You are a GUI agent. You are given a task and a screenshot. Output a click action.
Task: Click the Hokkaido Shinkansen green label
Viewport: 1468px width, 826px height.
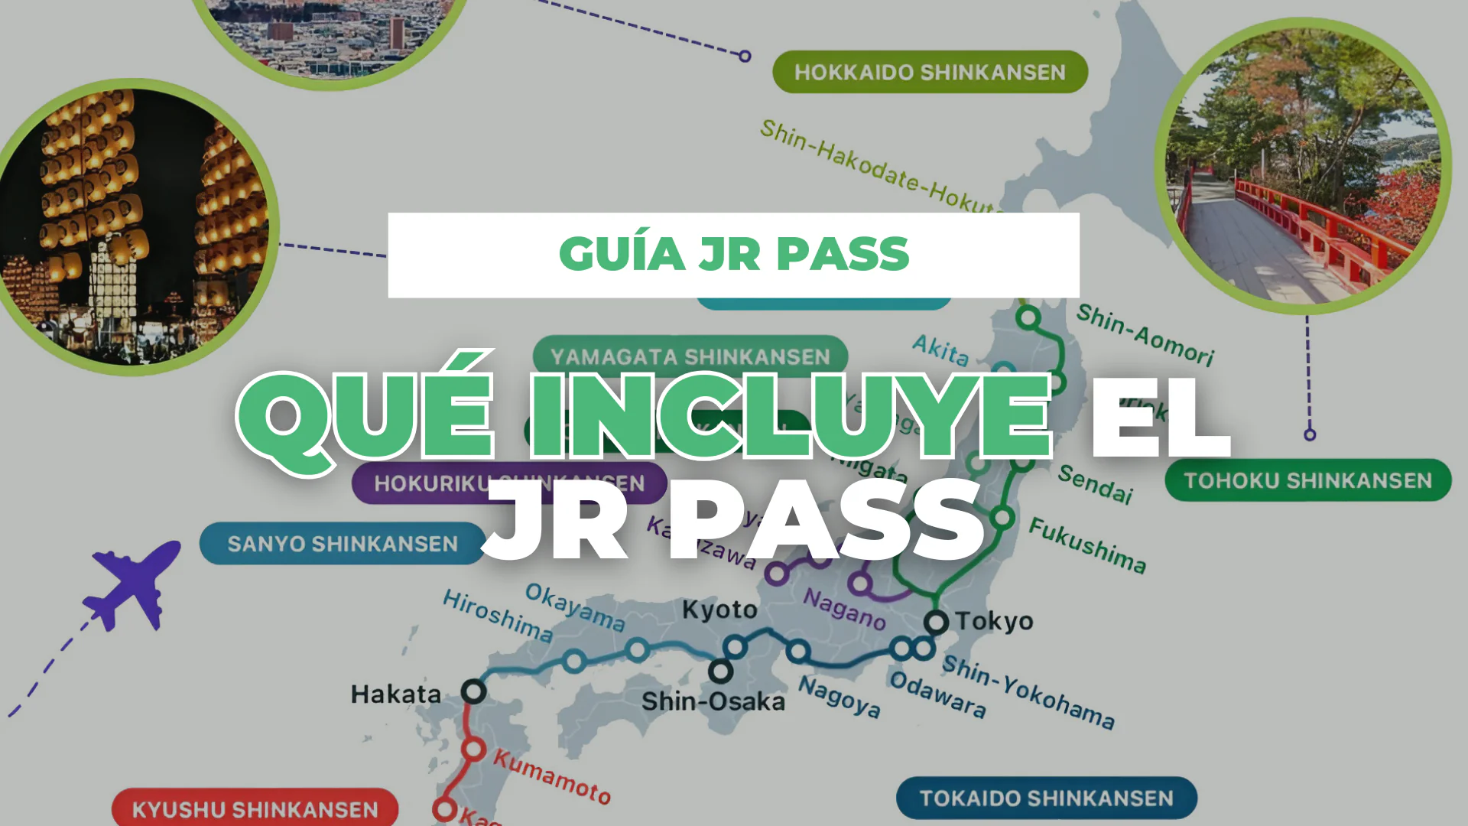pyautogui.click(x=930, y=72)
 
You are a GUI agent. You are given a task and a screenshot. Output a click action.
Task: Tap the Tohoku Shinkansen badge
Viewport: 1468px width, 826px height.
pyautogui.click(x=1307, y=480)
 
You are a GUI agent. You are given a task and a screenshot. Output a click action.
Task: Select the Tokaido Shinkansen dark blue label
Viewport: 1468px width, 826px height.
pyautogui.click(x=1046, y=798)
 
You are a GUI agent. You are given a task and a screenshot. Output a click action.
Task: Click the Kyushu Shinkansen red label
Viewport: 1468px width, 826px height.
pyautogui.click(x=255, y=809)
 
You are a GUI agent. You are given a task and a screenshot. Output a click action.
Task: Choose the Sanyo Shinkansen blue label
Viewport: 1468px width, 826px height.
pyautogui.click(x=342, y=544)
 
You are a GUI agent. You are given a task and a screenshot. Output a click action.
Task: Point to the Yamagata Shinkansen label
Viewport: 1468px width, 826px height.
pyautogui.click(x=690, y=356)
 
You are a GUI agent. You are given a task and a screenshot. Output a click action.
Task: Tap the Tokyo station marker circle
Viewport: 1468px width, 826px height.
pyautogui.click(x=936, y=622)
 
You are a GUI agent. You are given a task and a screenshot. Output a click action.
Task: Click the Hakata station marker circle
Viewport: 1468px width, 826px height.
pyautogui.click(x=473, y=691)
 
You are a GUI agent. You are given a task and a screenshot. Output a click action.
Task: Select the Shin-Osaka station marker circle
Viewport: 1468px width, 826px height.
pyautogui.click(x=719, y=672)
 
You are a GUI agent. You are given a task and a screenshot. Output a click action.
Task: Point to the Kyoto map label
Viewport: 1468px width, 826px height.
pyautogui.click(x=719, y=610)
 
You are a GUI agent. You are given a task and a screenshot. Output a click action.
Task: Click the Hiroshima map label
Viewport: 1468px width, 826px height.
pyautogui.click(x=498, y=616)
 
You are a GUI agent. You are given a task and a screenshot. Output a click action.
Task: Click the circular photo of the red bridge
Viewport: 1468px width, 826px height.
pyautogui.click(x=1303, y=166)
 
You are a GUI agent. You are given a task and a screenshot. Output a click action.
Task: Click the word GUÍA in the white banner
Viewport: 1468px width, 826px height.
pyautogui.click(x=622, y=255)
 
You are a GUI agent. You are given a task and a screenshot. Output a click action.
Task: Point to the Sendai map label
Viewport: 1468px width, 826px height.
pyautogui.click(x=1095, y=484)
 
